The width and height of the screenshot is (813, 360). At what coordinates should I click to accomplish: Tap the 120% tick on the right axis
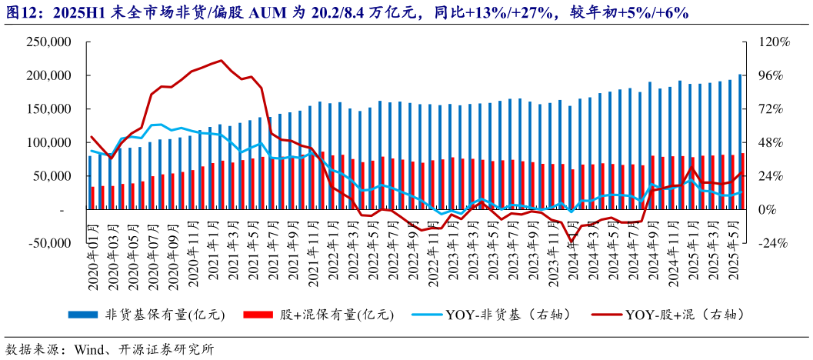point(775,42)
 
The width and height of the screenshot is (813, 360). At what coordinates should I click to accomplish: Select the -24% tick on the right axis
point(775,243)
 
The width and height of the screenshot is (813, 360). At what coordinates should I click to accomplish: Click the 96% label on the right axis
point(772,76)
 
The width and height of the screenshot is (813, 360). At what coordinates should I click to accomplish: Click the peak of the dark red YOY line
point(222,60)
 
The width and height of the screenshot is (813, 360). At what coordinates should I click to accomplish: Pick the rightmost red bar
point(743,181)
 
